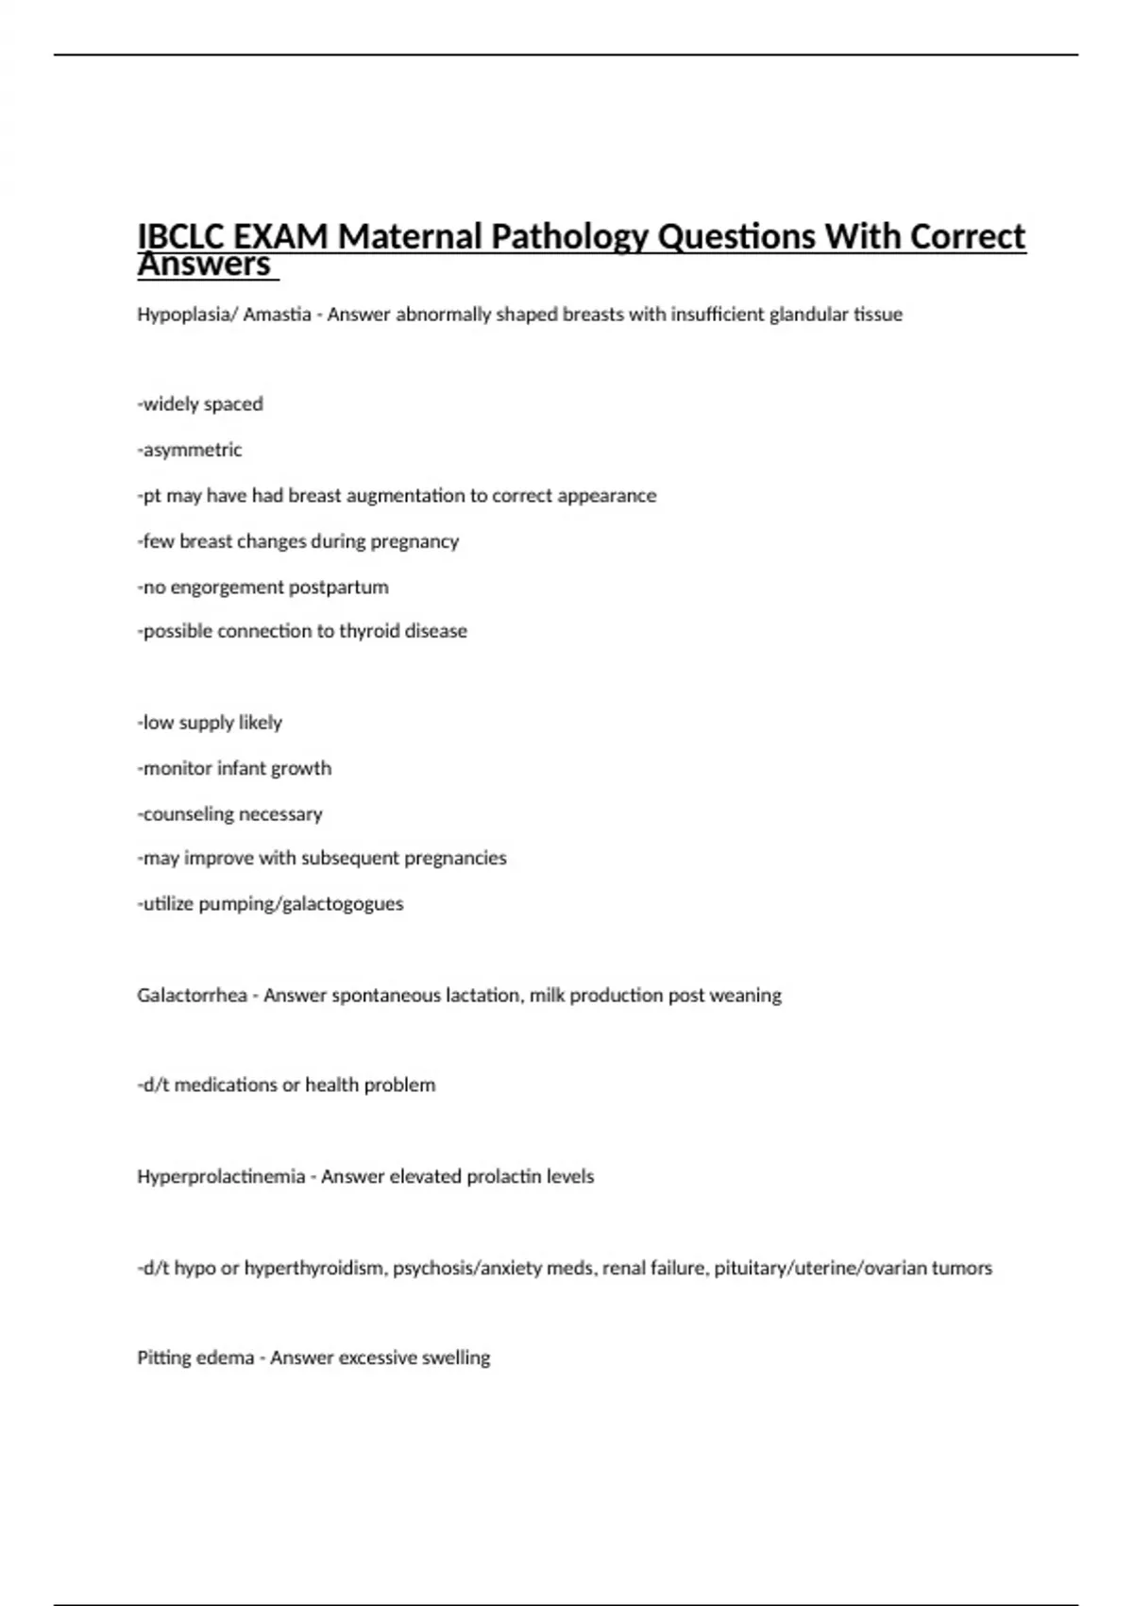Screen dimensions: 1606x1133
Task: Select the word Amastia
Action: pos(278,315)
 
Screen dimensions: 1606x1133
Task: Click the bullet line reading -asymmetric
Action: pos(190,450)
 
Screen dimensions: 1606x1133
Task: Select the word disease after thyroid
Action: pos(436,631)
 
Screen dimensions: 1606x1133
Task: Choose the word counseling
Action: pos(186,814)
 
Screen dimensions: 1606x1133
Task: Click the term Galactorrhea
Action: pos(192,996)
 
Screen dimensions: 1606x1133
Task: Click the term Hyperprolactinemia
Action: pos(221,1177)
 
